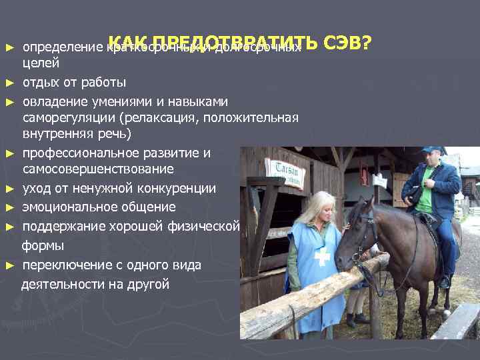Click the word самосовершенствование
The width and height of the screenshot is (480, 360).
(97, 170)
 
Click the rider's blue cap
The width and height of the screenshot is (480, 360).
(431, 150)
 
